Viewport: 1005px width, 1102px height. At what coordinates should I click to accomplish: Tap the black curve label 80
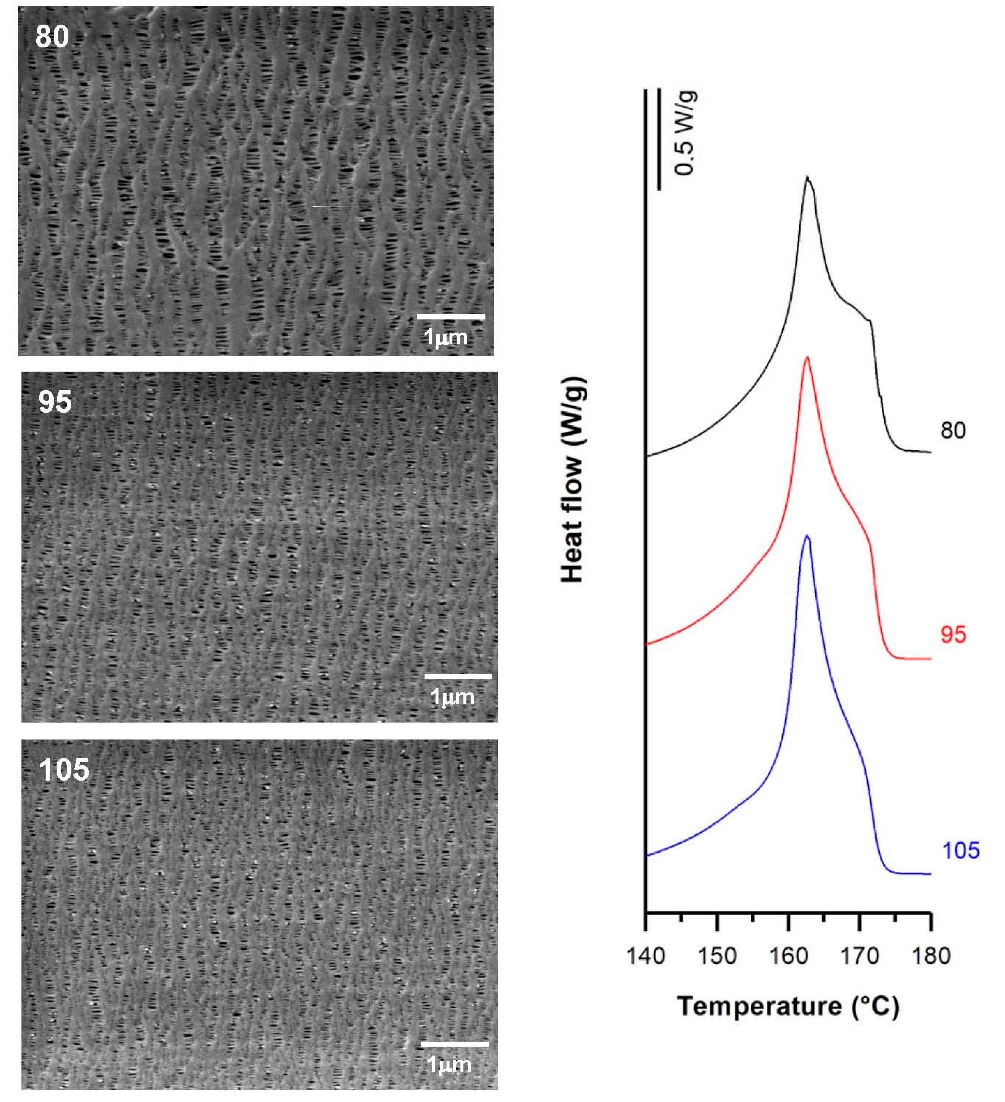(x=953, y=431)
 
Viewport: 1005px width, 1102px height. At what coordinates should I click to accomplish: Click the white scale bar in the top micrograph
(x=451, y=316)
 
